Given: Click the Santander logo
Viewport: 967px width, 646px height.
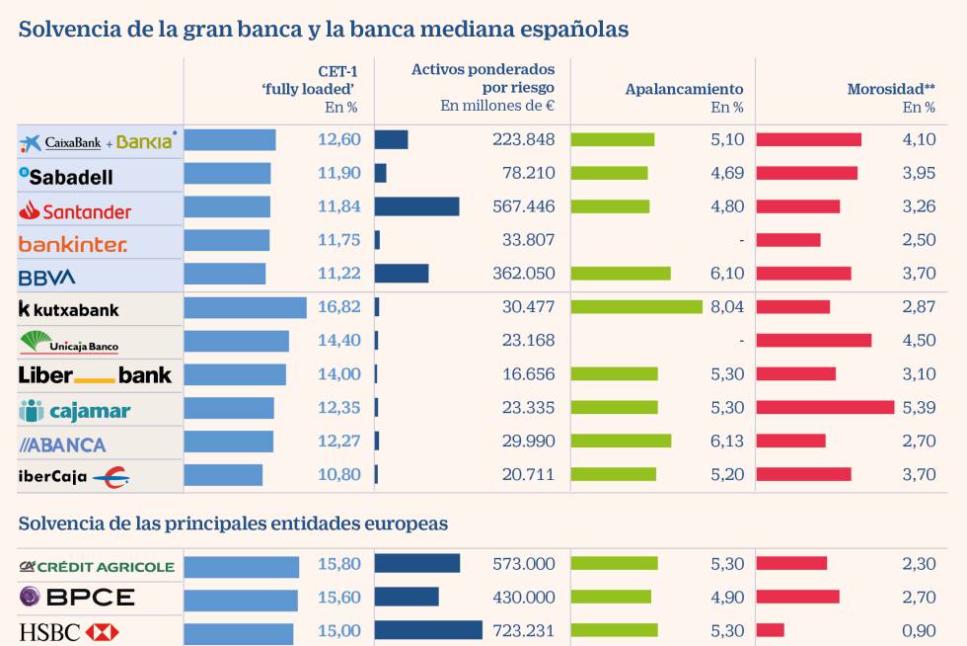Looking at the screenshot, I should click(75, 210).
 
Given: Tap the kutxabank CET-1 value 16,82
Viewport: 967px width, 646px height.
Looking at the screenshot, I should click(339, 307).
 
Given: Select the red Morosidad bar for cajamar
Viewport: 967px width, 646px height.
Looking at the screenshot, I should click(825, 407).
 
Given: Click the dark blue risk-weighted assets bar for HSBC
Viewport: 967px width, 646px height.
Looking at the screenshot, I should click(428, 630).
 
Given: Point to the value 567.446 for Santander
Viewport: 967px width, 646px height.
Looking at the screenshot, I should click(523, 206).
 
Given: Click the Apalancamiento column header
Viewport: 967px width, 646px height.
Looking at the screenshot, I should click(684, 89).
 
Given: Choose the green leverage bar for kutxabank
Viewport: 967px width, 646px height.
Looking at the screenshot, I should click(636, 307).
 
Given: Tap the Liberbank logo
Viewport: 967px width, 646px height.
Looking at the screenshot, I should click(95, 375).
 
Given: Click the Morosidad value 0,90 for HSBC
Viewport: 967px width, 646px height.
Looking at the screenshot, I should click(919, 630).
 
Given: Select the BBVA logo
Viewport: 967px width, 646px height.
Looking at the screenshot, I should click(47, 277).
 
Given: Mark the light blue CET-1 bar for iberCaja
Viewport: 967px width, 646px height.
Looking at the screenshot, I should click(223, 475).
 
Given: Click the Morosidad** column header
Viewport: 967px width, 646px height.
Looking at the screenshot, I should click(890, 89).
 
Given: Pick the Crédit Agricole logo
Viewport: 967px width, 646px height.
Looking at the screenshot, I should click(97, 566).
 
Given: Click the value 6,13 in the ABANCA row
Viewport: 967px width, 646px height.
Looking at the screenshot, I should click(726, 442).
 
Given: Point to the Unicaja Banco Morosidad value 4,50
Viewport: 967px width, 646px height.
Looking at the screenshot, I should click(919, 341).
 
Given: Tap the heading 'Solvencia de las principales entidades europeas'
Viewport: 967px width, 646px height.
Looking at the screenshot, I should click(233, 524).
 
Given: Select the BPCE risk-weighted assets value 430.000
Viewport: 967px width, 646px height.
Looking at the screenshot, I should click(523, 598).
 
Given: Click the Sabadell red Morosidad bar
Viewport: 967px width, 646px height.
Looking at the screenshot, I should click(806, 173).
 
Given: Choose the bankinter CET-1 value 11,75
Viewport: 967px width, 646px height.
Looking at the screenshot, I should click(339, 240).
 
